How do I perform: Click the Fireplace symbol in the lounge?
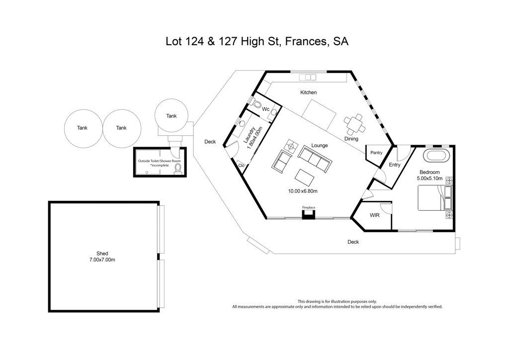309,214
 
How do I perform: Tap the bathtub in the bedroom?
436,156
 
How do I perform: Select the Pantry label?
376,153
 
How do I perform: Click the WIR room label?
375,215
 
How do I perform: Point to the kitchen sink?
308,77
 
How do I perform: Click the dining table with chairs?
354,124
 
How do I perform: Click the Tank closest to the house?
171,116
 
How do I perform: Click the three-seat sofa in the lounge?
315,159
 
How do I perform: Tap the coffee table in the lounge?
305,177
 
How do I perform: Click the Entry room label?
394,165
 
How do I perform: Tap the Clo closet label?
241,166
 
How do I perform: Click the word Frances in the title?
306,42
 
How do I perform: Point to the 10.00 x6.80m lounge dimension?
303,191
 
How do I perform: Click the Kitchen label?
308,92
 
